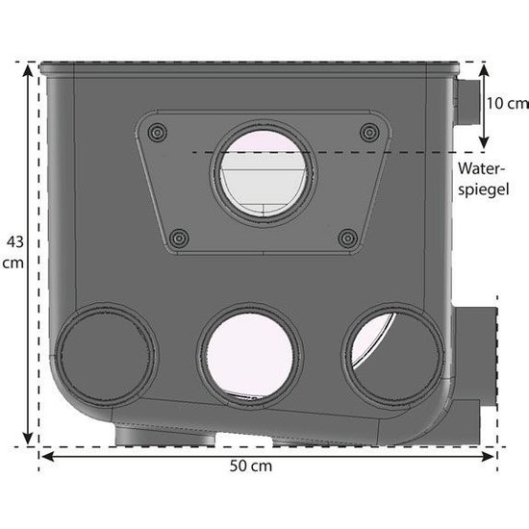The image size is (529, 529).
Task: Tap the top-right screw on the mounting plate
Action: [365, 131]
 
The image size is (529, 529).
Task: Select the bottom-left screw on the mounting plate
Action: [176, 236]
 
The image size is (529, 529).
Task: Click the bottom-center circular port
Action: [248, 352]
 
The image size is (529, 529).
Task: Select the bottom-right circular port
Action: [389, 351]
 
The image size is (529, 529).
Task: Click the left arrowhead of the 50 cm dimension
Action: [44, 453]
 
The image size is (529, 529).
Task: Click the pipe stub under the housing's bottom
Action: [164, 438]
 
